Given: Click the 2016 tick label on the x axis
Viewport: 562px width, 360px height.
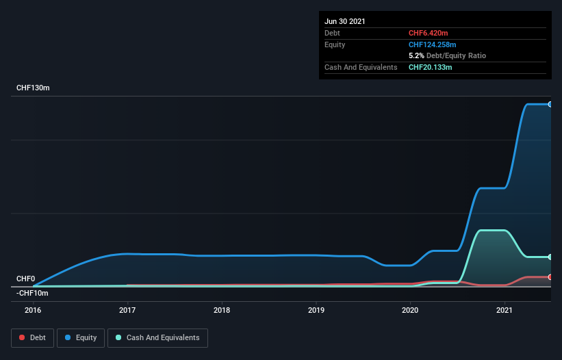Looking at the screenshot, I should point(33,310).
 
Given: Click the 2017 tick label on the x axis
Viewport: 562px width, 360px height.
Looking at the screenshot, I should point(127,310).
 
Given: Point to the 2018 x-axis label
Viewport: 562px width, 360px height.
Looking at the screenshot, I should point(221,310).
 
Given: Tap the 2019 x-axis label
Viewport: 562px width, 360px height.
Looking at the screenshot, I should point(316,310).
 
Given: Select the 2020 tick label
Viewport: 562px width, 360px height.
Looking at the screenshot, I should point(410,310).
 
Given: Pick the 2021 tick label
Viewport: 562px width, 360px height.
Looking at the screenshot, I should point(504,310).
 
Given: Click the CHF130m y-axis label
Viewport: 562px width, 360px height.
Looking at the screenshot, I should point(33,88).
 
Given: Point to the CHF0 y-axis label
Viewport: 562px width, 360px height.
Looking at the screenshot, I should point(25,279).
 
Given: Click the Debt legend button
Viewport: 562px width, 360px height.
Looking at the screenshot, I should point(33,337).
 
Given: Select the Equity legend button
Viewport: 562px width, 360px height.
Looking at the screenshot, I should point(81,337).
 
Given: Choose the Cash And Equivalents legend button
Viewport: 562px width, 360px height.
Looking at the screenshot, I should point(157,337).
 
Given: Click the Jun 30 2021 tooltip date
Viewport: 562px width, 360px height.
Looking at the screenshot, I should point(345,21).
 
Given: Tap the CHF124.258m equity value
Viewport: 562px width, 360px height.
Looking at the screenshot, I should point(432,44).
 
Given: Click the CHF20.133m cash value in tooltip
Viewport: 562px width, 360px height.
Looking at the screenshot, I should point(430,67).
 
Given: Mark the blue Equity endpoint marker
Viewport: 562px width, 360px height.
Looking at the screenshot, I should point(550,104).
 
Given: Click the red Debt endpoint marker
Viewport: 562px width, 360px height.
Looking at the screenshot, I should point(550,277).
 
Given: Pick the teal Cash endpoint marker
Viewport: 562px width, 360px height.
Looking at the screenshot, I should point(550,257).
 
